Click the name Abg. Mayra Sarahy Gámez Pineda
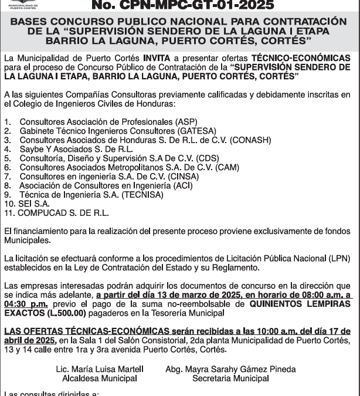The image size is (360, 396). click(230, 369)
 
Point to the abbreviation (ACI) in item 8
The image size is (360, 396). click(181, 185)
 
